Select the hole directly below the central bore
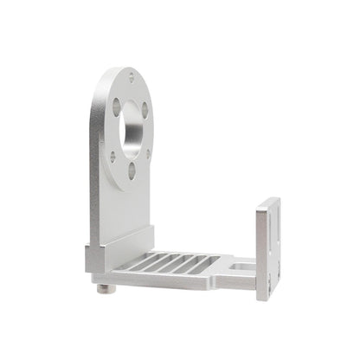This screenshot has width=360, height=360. coord(132,171)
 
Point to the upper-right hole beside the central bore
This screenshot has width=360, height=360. coord(145,110)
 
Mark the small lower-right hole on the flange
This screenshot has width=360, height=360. coord(149,157)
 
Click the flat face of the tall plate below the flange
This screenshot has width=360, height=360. coord(125,203)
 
